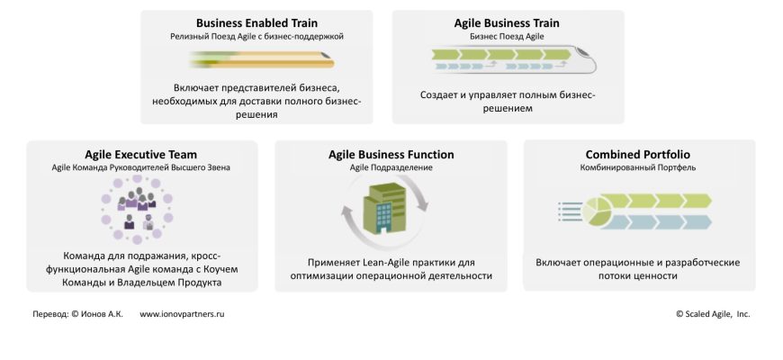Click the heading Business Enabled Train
[x=256, y=23]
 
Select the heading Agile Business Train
[x=508, y=23]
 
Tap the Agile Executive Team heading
[x=141, y=155]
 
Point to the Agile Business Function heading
[x=391, y=155]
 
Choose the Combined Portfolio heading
[x=638, y=155]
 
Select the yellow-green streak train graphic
[x=261, y=60]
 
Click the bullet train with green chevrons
[x=509, y=60]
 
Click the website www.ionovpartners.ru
[x=183, y=314]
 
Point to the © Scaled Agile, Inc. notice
[x=713, y=314]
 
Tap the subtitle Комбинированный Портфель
[x=638, y=168]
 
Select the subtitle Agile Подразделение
[x=391, y=168]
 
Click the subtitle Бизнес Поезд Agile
[x=508, y=37]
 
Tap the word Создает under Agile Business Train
[x=441, y=94]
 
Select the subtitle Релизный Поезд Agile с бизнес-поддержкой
[x=256, y=37]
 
